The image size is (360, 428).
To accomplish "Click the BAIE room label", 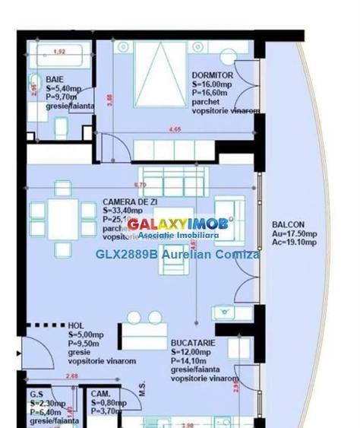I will [55, 79].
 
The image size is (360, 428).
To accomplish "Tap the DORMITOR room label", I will [212, 75].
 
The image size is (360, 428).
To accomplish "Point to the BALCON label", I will [288, 225].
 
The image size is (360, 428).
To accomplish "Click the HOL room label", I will [77, 324].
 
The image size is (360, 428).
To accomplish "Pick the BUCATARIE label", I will [194, 343].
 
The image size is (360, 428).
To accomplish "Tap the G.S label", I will [36, 395].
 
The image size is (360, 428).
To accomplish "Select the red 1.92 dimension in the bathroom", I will [59, 52].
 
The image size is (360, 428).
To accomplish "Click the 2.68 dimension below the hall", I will [72, 376].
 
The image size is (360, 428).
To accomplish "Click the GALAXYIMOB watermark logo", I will [180, 224].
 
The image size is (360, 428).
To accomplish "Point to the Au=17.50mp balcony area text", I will [294, 234].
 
